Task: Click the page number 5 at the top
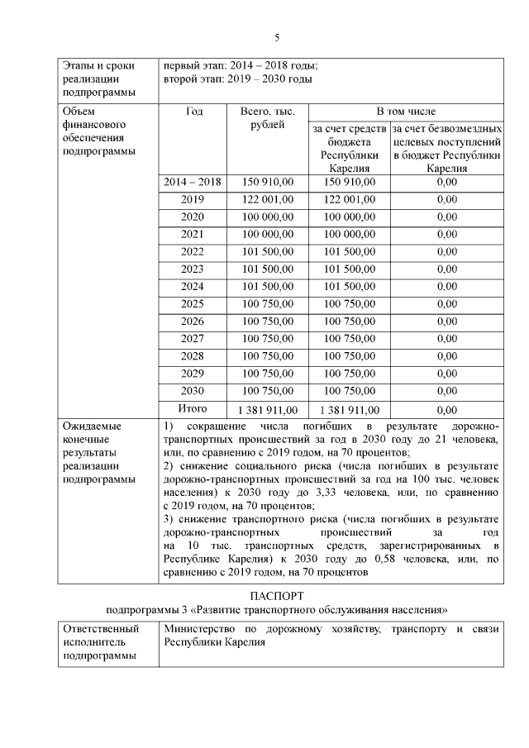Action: (277, 37)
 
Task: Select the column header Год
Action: (194, 111)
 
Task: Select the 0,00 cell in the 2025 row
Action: (446, 304)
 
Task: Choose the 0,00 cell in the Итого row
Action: (446, 409)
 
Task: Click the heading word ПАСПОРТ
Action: (277, 595)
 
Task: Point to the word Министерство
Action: (202, 630)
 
